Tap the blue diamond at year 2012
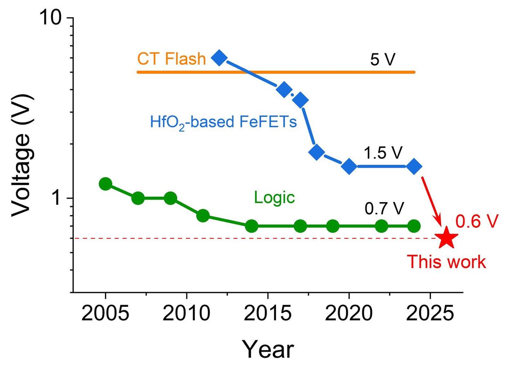[x=219, y=58]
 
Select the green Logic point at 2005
[x=105, y=184]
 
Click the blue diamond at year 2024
[x=414, y=166]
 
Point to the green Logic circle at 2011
[x=203, y=216]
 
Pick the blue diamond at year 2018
[x=317, y=152]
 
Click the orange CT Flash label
[x=171, y=59]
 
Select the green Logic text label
[x=274, y=198]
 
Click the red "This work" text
[x=447, y=262]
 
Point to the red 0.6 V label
[x=477, y=222]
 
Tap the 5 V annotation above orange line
[x=382, y=60]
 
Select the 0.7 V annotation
[x=384, y=209]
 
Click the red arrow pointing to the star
[x=432, y=202]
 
